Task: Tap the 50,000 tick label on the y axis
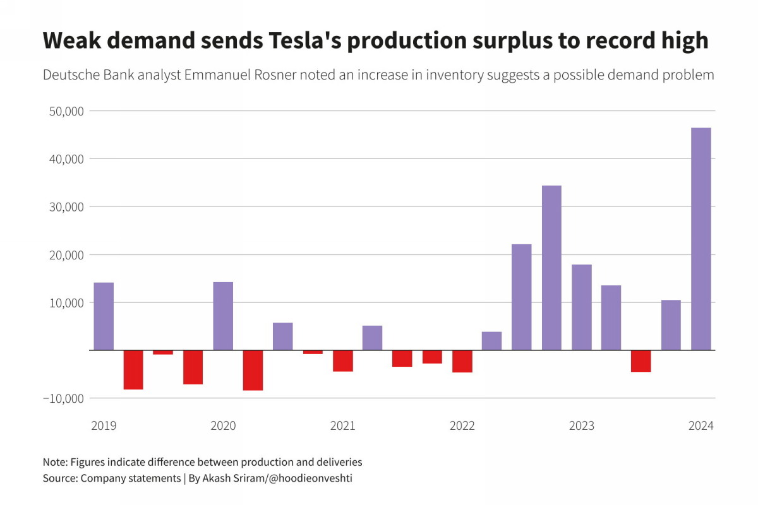[x=66, y=111]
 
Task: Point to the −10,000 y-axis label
[x=63, y=398]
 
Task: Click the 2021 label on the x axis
[x=342, y=426]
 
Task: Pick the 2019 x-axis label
[x=104, y=426]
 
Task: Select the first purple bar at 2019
[x=104, y=316]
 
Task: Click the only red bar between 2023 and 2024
[x=641, y=361]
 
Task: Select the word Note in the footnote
[x=54, y=462]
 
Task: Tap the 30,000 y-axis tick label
[x=66, y=207]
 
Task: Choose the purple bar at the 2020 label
[x=223, y=316]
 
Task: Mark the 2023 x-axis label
[x=582, y=426]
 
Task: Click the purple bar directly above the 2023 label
[x=582, y=307]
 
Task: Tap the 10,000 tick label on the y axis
[x=66, y=303]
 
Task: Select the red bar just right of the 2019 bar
[x=133, y=370]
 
